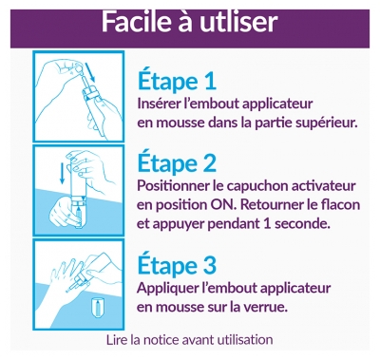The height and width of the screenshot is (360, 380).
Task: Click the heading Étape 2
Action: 177,162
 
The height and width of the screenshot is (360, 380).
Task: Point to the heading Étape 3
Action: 177,265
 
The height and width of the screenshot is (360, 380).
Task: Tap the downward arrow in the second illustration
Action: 62,173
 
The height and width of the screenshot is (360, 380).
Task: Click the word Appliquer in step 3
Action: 165,289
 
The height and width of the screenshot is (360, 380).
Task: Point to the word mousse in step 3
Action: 180,308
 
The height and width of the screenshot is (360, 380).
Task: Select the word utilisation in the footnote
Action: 245,340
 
